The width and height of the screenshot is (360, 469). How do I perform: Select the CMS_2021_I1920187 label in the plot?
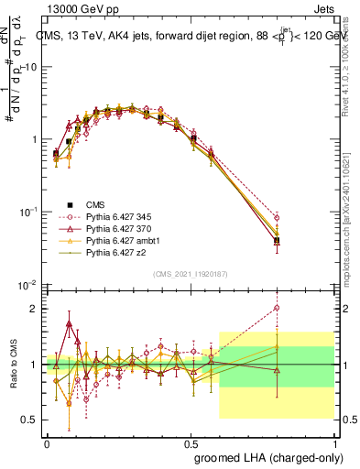click(x=191, y=273)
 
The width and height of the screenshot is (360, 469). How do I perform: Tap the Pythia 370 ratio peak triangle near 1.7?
click(x=70, y=324)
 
